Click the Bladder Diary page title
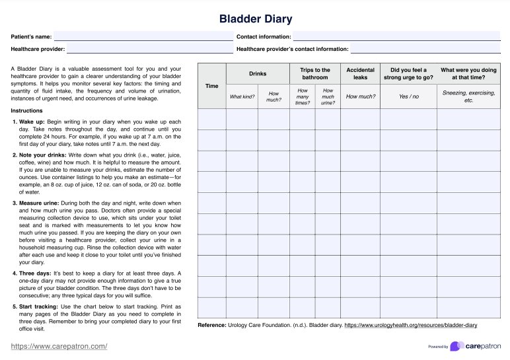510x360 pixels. click(255, 19)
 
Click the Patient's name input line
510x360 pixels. click(143, 38)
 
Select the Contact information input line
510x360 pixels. click(396, 38)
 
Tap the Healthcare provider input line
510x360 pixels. click(149, 50)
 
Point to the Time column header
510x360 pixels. click(211, 86)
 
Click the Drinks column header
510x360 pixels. click(258, 74)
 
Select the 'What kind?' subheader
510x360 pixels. click(242, 97)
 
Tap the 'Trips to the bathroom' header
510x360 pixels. click(315, 73)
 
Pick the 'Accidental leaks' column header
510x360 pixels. click(361, 73)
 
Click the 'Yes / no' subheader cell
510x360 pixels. click(409, 97)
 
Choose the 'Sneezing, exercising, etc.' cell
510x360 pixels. click(469, 97)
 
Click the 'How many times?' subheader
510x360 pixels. click(303, 97)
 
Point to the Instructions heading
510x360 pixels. click(26, 110)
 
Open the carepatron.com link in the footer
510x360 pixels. click(59, 346)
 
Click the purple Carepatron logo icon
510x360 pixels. click(456, 346)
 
